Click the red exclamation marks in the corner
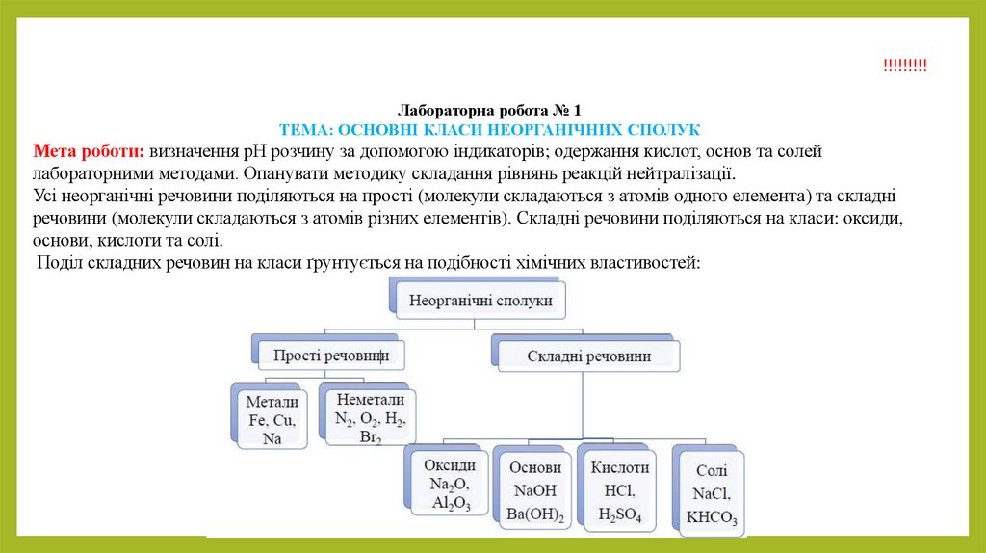click(904, 65)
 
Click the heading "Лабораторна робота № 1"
click(489, 111)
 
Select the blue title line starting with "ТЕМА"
click(489, 129)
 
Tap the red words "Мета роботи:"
click(88, 152)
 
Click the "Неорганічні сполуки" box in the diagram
click(481, 301)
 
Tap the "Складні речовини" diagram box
click(588, 355)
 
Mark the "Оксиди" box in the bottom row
click(450, 483)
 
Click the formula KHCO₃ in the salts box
click(713, 518)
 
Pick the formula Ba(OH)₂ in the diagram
click(535, 513)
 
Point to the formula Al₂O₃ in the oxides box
click(450, 502)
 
